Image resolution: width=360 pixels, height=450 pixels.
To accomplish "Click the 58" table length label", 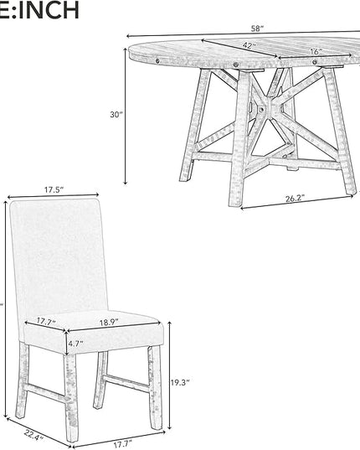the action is [257, 28].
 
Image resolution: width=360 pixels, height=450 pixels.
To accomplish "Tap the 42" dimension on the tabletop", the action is [249, 45].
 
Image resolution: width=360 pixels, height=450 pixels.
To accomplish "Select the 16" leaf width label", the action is [316, 52].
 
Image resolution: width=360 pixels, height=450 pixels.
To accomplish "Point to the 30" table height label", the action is [116, 115].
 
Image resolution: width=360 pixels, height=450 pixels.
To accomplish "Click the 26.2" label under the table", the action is [295, 199].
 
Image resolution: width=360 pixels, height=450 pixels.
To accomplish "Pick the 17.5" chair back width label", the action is [54, 189].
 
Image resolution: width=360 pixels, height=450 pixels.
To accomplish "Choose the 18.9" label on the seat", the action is [109, 322].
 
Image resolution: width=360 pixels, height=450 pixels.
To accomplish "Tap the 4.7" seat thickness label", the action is [75, 344].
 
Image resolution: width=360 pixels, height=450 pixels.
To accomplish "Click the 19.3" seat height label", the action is [180, 382].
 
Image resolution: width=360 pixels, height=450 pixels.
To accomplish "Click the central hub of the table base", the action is [261, 109].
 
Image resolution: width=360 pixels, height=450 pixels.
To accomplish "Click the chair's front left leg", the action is [71, 397].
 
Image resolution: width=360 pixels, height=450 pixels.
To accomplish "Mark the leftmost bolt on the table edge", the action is [157, 60].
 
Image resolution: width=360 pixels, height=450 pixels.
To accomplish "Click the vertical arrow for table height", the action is [126, 116].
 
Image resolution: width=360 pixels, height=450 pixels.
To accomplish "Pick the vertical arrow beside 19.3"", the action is [170, 375].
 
